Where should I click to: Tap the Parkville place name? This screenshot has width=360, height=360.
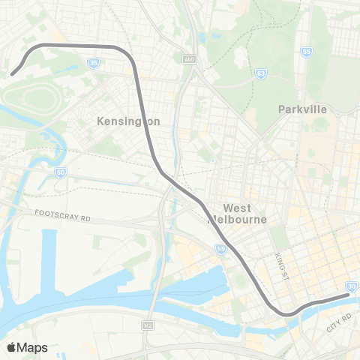pos(302,109)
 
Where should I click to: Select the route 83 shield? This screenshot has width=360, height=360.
pos(260,73)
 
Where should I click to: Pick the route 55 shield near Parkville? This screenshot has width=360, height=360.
pos(307,52)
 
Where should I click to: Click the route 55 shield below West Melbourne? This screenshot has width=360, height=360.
pos(221,248)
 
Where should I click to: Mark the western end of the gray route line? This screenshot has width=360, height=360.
pos(13,73)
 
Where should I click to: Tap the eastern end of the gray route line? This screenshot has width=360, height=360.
pos(348,295)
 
